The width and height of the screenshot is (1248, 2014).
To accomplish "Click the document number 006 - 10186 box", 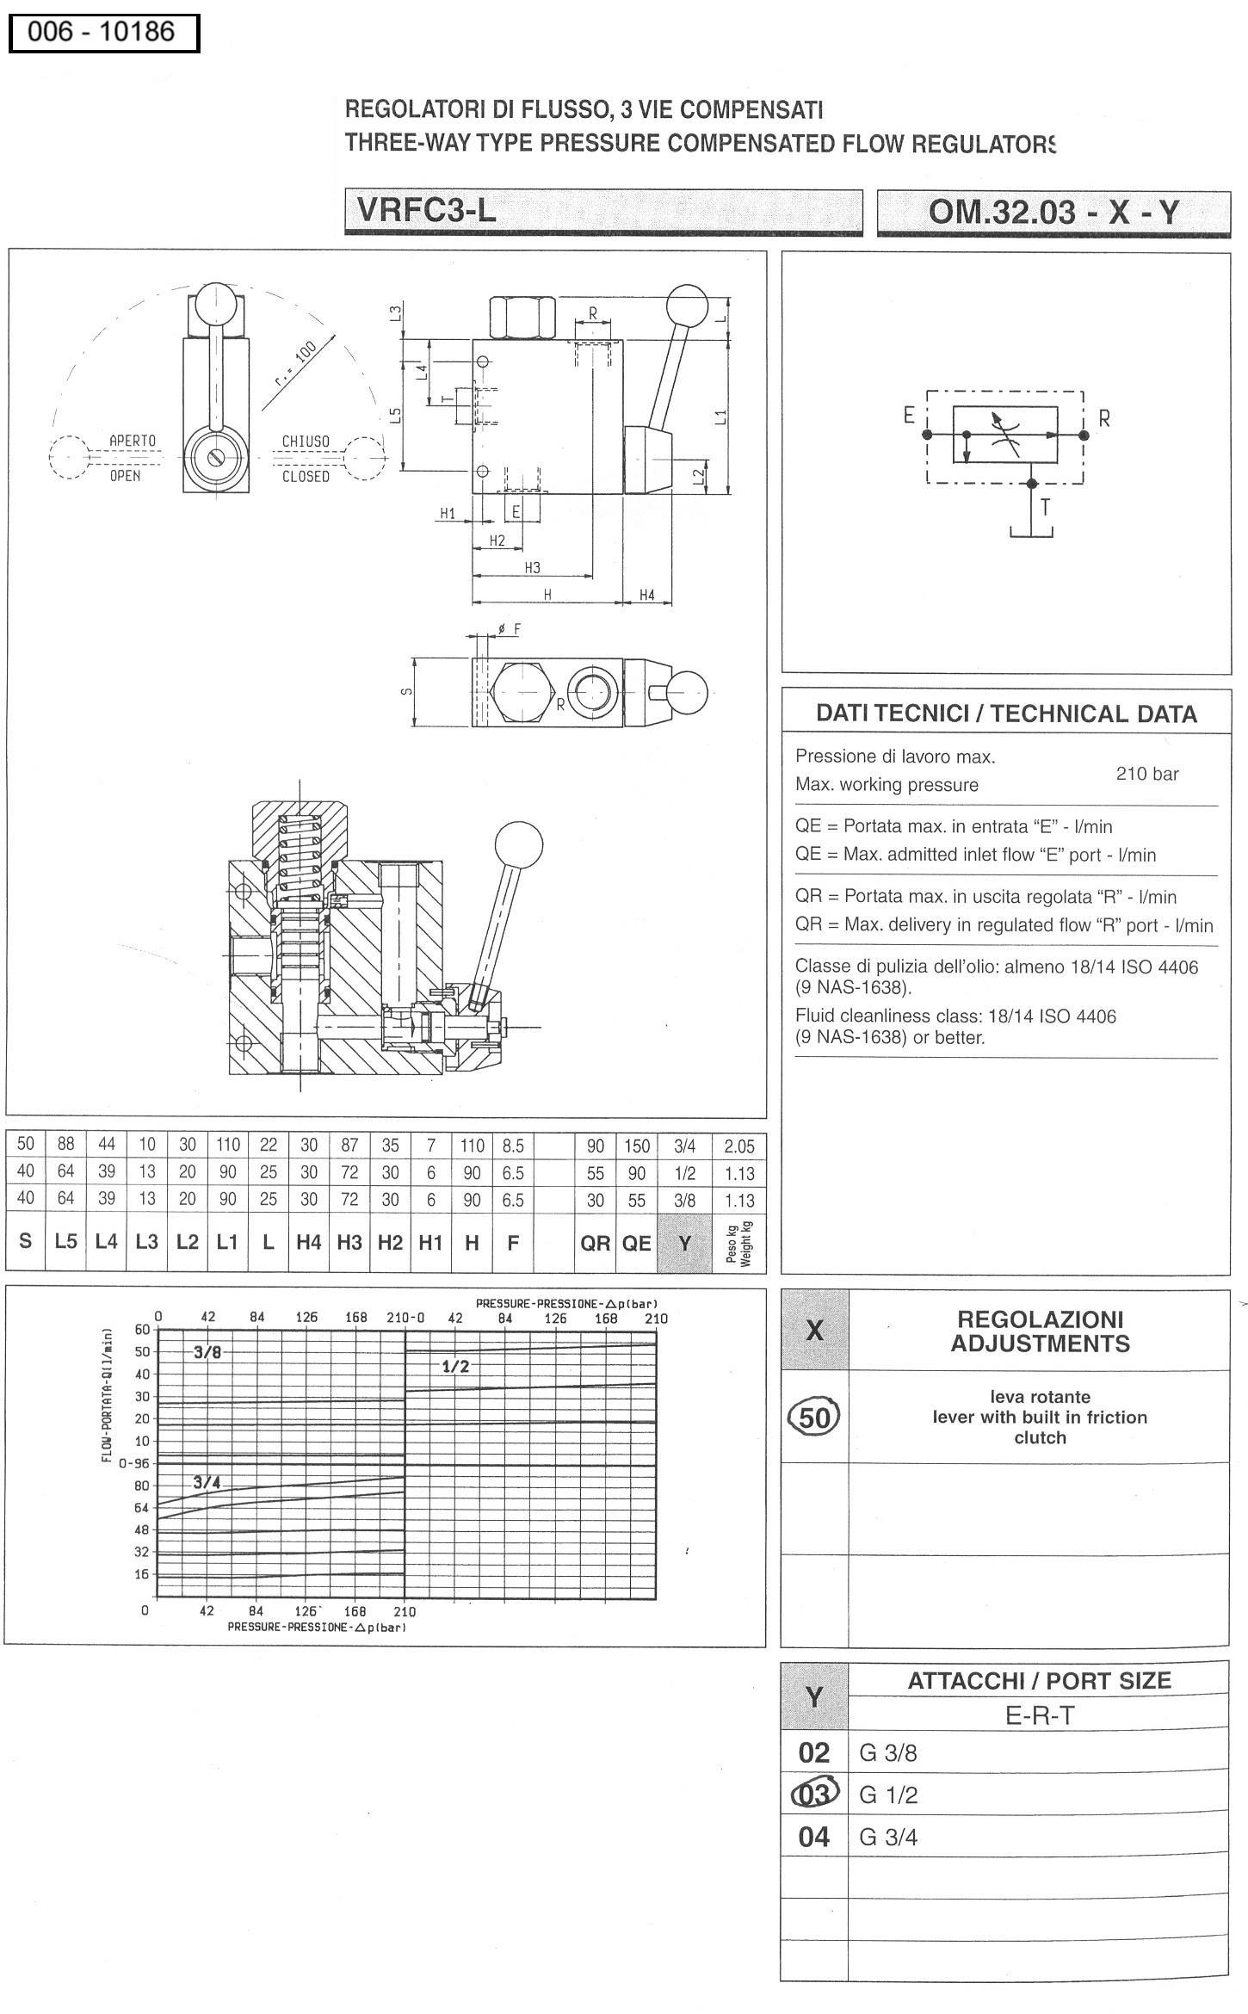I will point(103,34).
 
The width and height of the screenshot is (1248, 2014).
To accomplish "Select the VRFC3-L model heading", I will point(426,210).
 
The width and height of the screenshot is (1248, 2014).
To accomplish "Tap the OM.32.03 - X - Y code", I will point(1053,212).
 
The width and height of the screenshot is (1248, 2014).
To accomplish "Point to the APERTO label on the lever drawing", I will point(133,441).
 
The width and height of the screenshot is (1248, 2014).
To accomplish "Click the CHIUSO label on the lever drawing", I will point(306,442).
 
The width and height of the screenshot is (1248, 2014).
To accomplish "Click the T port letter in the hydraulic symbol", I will point(1045,507).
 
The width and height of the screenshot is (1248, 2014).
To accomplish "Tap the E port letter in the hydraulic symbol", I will point(908,416).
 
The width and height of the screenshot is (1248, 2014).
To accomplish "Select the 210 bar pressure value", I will point(1146,774).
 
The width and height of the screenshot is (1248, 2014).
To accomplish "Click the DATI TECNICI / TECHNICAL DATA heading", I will point(1006,714).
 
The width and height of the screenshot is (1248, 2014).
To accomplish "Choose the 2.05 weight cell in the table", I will point(738,1146).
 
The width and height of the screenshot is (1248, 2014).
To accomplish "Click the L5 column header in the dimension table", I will point(66,1241).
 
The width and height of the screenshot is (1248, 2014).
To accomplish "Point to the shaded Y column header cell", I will point(684,1243).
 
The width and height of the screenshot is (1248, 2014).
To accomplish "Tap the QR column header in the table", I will point(595,1243).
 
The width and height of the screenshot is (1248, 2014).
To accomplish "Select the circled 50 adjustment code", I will point(814,1417).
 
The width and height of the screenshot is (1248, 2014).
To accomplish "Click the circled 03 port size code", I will point(814,1795).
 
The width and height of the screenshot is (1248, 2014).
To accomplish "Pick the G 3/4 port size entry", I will point(888,1838).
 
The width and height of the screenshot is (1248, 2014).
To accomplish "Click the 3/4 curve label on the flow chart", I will point(207,1482).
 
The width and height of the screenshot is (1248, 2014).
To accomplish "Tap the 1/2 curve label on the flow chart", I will point(455,1366).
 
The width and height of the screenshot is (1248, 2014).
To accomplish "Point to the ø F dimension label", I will point(510,629).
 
